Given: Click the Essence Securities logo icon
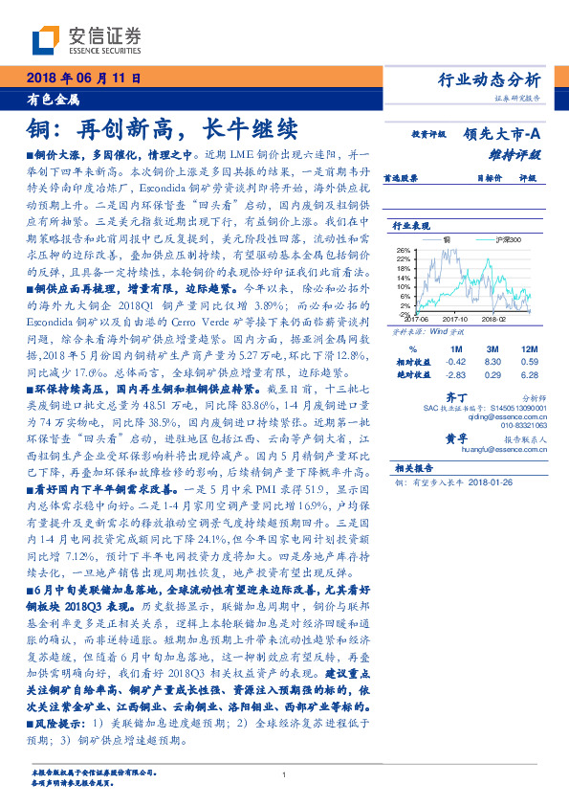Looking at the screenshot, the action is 46,40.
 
